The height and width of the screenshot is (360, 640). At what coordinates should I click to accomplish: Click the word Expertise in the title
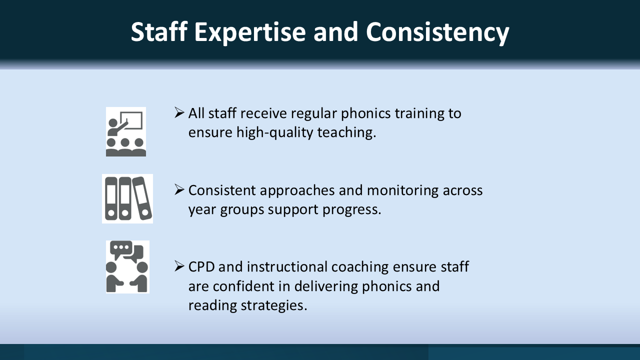click(x=250, y=32)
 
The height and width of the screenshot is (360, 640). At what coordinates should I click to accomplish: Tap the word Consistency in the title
click(x=437, y=32)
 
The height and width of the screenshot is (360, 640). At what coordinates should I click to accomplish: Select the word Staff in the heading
click(x=159, y=31)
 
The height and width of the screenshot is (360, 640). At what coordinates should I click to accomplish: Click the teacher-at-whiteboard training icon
click(x=126, y=131)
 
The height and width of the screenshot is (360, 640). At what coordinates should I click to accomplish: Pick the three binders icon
click(x=127, y=198)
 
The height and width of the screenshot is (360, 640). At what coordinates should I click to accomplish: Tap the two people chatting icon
click(x=127, y=267)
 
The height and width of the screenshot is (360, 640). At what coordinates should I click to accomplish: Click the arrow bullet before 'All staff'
click(x=179, y=113)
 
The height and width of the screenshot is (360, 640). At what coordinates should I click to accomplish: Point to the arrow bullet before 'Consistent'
click(x=179, y=189)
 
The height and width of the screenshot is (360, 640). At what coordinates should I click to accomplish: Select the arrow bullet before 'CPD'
click(x=179, y=266)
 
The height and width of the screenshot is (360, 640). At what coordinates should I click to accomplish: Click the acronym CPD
click(x=201, y=267)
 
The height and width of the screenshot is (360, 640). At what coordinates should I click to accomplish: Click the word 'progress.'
click(x=352, y=210)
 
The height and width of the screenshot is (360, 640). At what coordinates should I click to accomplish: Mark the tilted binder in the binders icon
click(x=142, y=198)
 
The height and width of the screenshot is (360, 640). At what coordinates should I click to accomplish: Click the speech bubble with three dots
click(x=121, y=249)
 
